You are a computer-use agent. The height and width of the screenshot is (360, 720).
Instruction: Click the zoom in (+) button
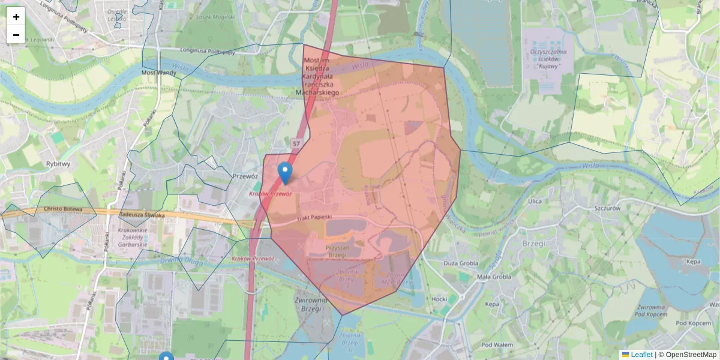coord(16,17)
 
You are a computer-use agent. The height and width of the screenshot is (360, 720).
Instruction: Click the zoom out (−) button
coord(16,35)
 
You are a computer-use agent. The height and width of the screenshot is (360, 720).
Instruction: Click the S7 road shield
coord(296,144)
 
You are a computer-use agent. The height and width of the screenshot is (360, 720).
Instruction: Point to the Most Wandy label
coord(157,73)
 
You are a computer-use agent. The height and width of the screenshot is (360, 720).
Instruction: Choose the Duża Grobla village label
coord(460,263)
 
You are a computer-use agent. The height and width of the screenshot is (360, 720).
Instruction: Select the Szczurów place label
coord(589,207)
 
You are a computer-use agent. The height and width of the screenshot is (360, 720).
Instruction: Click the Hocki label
coord(439,298)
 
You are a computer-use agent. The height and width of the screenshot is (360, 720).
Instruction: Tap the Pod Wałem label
coord(496,344)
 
